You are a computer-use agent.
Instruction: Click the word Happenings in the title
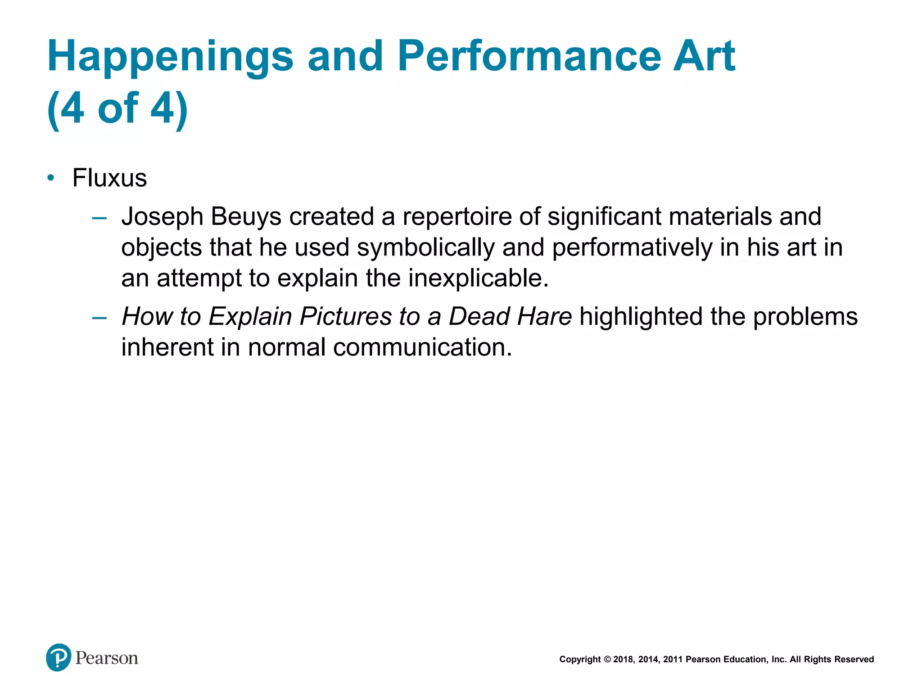170,56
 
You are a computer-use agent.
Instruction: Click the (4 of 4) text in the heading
118,108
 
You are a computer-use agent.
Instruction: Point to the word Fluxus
109,178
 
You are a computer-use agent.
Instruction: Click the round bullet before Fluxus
51,178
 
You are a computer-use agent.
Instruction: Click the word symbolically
425,247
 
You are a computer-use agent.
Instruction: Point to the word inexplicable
478,278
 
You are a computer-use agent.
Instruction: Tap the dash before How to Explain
99,318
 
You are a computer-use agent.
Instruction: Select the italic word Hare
544,316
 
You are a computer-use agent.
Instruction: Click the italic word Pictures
346,316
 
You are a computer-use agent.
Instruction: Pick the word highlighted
641,316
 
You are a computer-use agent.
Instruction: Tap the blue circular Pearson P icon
59,657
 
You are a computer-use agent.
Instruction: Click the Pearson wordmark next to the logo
107,658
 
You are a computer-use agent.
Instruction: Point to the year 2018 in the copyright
623,660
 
